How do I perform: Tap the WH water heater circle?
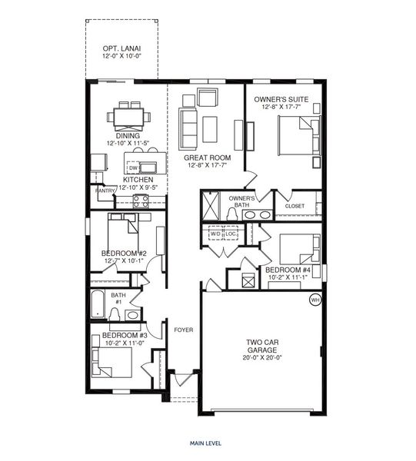click(314, 300)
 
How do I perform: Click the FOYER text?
click(183, 331)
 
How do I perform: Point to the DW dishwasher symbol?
click(133, 167)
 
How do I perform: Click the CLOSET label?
click(295, 206)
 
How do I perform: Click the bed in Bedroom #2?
click(123, 231)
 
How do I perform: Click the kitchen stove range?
click(141, 201)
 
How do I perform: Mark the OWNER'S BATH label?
click(241, 201)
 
